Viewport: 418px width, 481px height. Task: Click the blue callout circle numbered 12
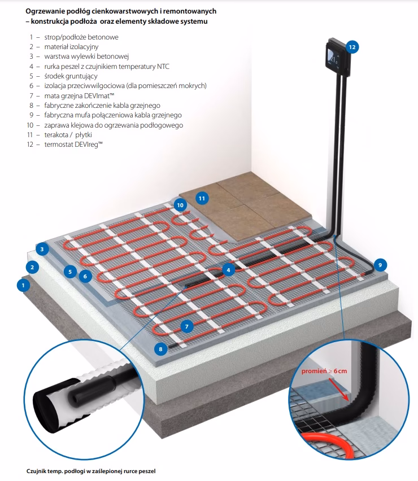[x=352, y=47]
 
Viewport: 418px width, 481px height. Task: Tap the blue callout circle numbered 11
[x=202, y=198]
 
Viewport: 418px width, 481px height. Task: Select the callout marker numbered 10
[x=180, y=205]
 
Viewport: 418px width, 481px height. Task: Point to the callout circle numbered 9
[x=380, y=264]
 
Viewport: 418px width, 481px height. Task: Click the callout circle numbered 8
[x=160, y=349]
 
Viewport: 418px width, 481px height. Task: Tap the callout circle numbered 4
[x=228, y=270]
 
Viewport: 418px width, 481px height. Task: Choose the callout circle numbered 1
[x=23, y=285]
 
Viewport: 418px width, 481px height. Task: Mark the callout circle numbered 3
[x=41, y=249]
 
